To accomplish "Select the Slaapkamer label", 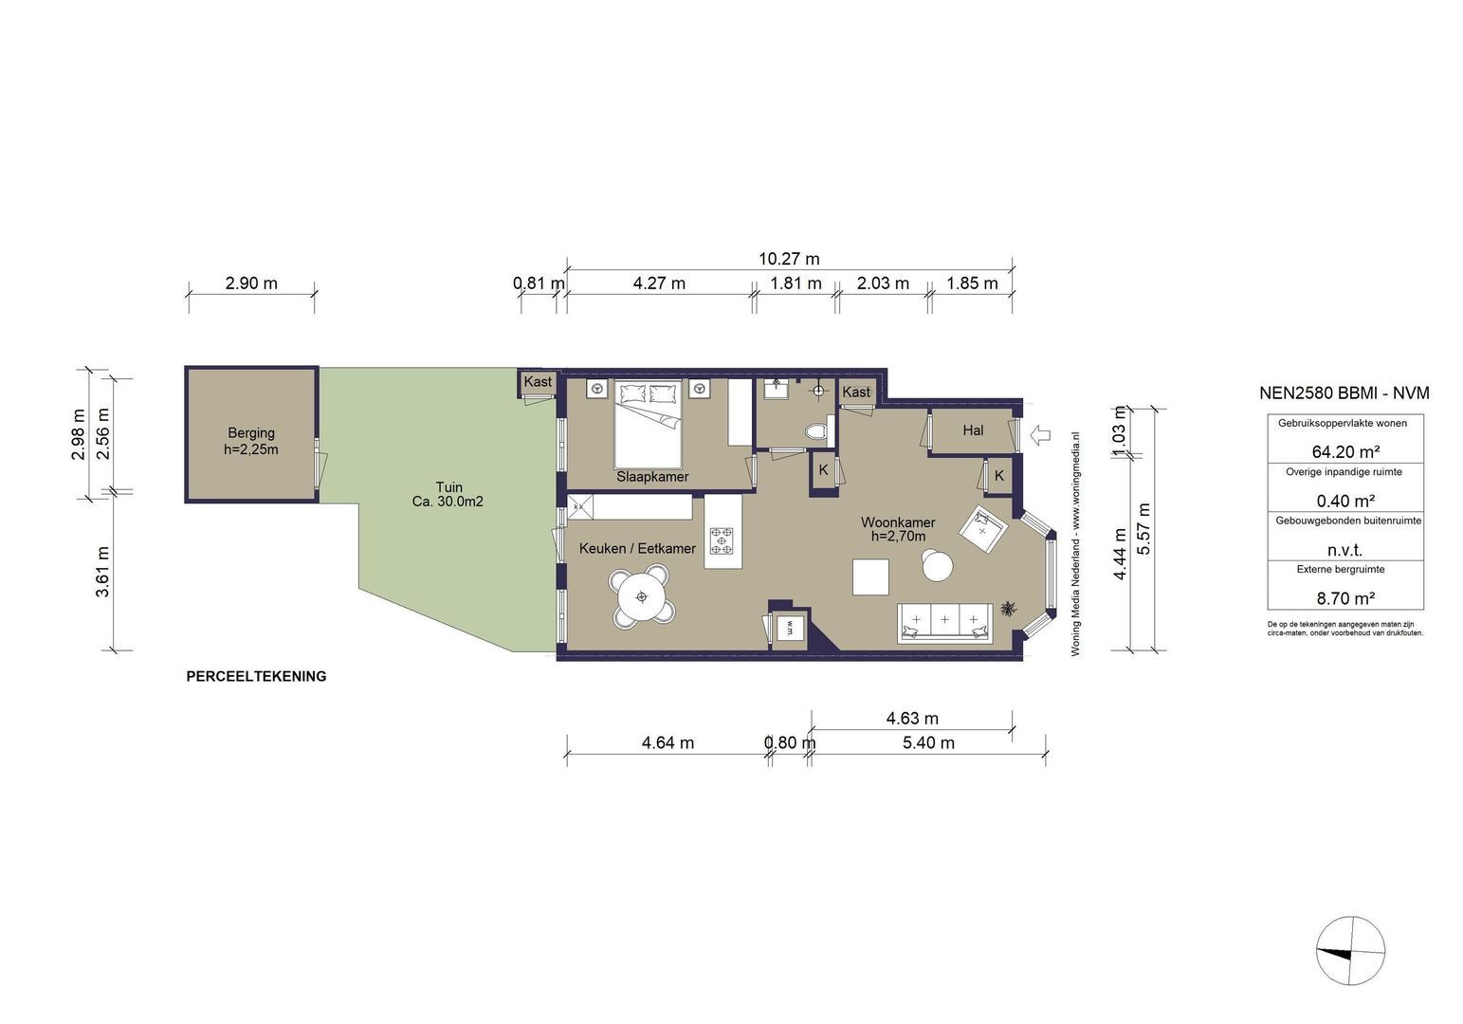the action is (x=652, y=477).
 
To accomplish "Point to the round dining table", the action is (x=641, y=597).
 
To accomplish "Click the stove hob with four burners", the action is (x=722, y=540).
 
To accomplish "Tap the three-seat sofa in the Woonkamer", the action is (x=945, y=623).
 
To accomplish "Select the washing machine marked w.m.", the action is (x=790, y=629).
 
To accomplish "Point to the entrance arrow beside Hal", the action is (x=1040, y=435).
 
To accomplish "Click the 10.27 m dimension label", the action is (x=789, y=259).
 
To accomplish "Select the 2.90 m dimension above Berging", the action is (x=251, y=283).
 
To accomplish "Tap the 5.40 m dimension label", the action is (x=928, y=743).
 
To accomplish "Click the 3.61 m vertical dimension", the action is (x=102, y=572).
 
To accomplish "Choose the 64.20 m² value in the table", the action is (x=1345, y=452).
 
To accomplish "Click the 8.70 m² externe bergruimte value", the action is (x=1345, y=598).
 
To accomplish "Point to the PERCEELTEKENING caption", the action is (x=257, y=677).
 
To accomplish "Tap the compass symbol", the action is (x=1350, y=950).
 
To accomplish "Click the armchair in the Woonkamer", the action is (x=983, y=530).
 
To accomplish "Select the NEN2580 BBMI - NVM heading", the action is (x=1344, y=393).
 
